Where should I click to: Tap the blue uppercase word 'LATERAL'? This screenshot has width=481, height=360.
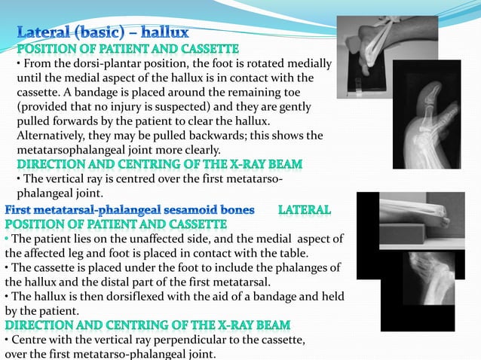pyautogui.click(x=305, y=209)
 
